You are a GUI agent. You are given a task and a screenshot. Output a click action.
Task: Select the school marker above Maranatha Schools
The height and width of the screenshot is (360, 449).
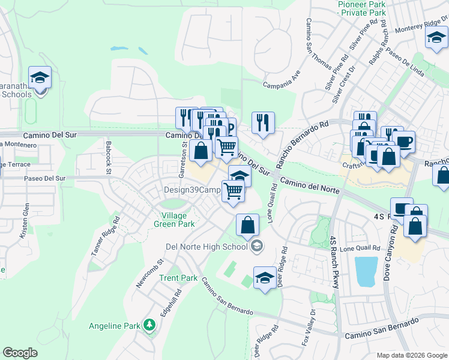click(40, 78)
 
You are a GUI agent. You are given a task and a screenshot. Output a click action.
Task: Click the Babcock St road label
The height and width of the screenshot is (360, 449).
click(109, 157)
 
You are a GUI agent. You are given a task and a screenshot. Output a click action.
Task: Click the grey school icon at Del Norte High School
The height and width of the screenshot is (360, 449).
click(257, 246)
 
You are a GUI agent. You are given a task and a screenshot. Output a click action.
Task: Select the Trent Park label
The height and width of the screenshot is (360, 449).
click(178, 278)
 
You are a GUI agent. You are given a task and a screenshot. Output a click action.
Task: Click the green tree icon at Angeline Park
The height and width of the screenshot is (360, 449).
click(149, 326)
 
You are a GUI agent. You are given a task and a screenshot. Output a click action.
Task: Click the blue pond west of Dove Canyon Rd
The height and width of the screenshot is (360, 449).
click(366, 272)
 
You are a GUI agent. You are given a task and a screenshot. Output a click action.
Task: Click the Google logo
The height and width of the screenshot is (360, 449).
click(20, 353)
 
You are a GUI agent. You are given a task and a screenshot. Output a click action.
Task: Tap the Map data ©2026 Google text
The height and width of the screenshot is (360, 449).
click(411, 355)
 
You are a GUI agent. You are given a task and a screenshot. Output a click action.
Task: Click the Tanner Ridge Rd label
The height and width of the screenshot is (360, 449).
click(102, 238)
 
